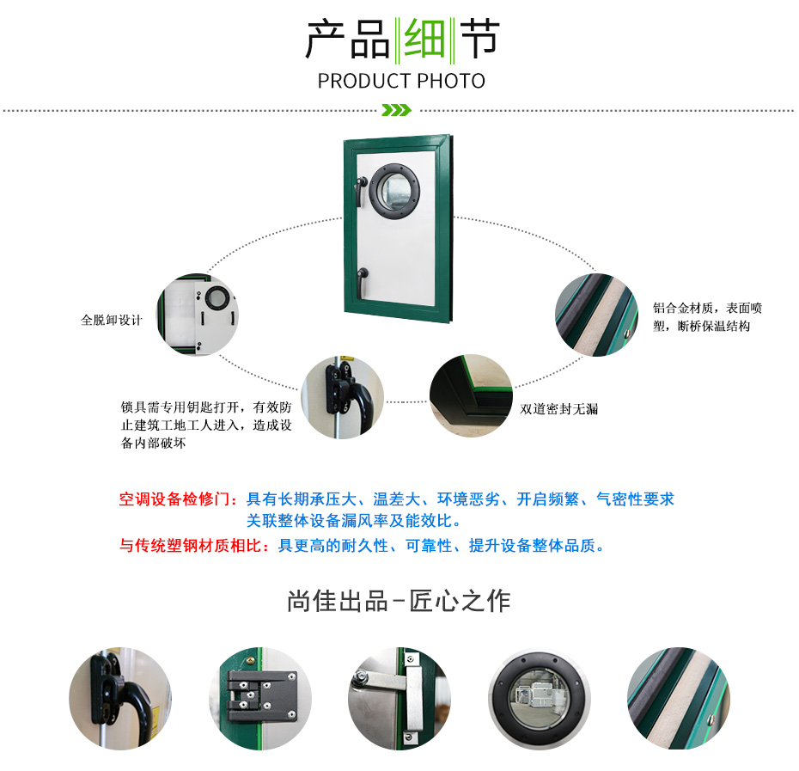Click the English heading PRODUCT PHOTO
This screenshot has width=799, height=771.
(x=401, y=81)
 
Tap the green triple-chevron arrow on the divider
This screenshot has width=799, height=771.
(x=396, y=110)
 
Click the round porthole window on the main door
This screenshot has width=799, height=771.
(x=394, y=190)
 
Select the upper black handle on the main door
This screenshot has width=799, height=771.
(x=362, y=189)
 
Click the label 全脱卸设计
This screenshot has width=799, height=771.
(x=112, y=320)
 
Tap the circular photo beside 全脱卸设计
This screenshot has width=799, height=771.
(x=198, y=315)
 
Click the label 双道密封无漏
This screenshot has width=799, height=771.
(x=559, y=409)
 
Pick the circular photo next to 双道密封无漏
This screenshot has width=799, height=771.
(x=471, y=395)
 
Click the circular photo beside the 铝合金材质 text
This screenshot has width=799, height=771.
(x=596, y=315)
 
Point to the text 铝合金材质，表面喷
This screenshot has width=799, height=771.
(x=707, y=308)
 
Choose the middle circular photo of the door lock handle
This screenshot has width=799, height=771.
(x=343, y=397)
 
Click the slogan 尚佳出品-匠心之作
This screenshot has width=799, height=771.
(x=399, y=601)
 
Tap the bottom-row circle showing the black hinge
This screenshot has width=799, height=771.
(x=260, y=699)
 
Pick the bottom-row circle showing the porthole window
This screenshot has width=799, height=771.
(x=540, y=699)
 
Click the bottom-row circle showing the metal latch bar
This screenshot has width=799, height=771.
(x=399, y=699)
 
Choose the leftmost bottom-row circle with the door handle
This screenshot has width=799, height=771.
(x=120, y=699)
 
